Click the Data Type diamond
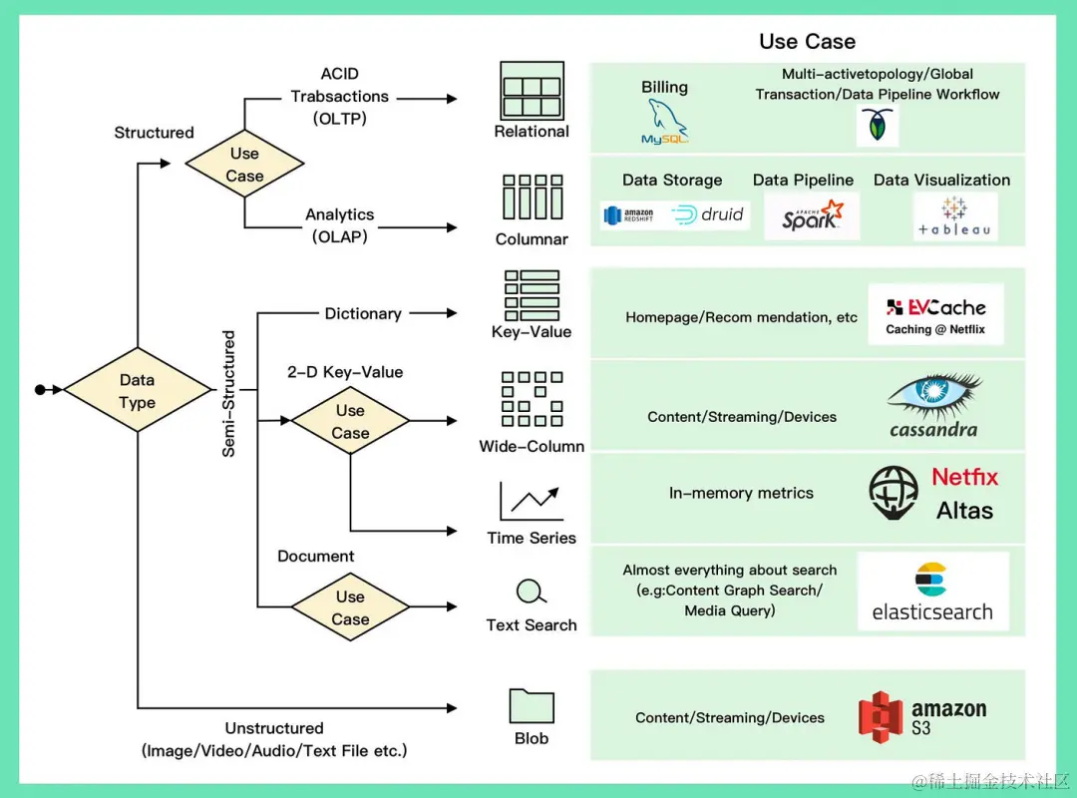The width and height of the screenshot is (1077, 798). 137,390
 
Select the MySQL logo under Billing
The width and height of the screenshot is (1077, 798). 665,123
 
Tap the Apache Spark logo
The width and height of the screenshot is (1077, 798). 812,215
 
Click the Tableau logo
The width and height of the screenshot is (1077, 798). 954,216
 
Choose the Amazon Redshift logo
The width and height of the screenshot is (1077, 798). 629,214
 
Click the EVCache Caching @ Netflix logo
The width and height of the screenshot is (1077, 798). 935,314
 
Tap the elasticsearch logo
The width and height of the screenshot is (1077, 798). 932,592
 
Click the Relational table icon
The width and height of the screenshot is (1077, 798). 533,91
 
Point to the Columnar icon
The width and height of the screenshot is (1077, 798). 533,198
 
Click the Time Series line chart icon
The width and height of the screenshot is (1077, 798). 532,499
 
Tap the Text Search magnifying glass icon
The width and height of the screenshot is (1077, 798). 532,593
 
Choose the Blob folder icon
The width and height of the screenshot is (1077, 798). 532,705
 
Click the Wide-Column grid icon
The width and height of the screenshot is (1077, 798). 532,399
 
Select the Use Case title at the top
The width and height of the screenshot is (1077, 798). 807,41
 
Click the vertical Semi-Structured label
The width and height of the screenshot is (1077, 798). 229,394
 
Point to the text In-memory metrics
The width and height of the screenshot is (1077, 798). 741,493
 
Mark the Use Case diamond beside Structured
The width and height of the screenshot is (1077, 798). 244,165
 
